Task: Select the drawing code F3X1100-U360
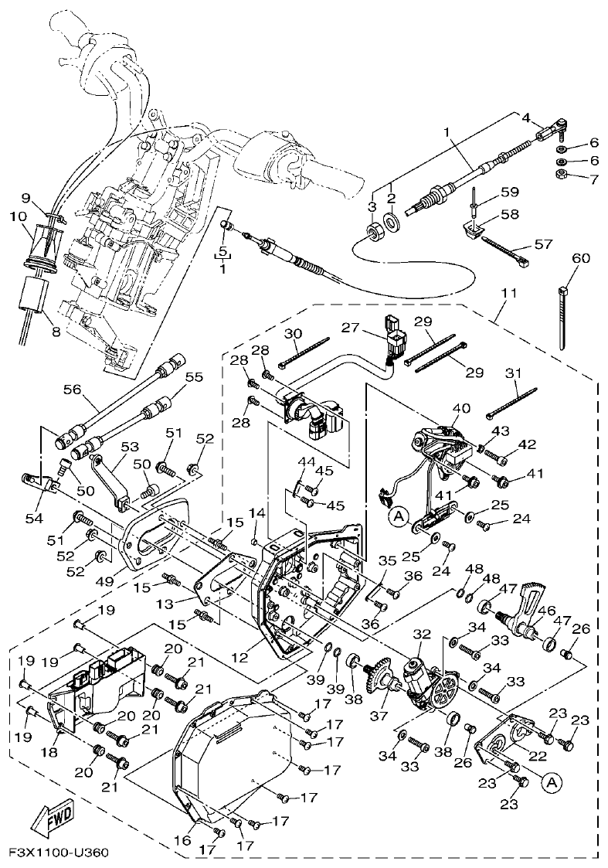click(x=58, y=853)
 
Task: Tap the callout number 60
click(x=579, y=258)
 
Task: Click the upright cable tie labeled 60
click(x=563, y=317)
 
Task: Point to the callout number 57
click(x=544, y=244)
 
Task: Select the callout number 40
click(x=460, y=408)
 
